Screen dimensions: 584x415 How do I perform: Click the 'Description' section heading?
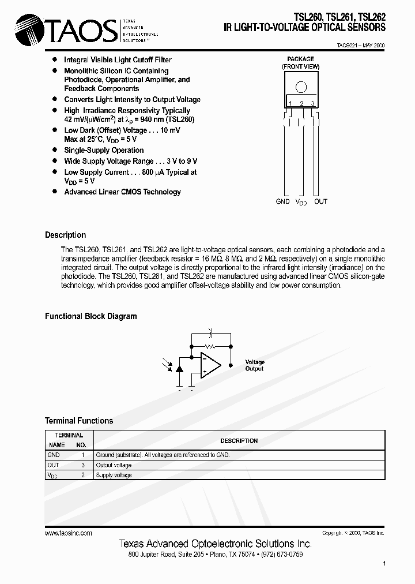pyautogui.click(x=65, y=235)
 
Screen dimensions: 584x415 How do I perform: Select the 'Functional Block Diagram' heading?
pyautogui.click(x=91, y=316)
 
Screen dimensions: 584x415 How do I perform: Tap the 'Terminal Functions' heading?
pyautogui.click(x=79, y=421)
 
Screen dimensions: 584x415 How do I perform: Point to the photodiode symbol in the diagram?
pyautogui.click(x=179, y=367)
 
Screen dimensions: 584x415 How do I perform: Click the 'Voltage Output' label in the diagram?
pyautogui.click(x=254, y=365)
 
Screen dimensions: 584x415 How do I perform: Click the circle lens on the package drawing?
pyautogui.click(x=301, y=88)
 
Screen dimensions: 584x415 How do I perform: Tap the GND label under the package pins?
pyautogui.click(x=283, y=201)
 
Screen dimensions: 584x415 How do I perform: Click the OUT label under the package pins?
pyautogui.click(x=320, y=201)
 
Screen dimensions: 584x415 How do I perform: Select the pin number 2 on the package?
pyautogui.click(x=301, y=103)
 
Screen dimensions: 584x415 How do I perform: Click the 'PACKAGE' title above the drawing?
pyautogui.click(x=301, y=59)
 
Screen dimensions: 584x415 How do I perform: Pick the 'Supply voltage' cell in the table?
pyautogui.click(x=114, y=475)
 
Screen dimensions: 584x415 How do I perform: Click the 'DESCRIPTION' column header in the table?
pyautogui.click(x=239, y=441)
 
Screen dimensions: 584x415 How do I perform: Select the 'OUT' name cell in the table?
pyautogui.click(x=53, y=465)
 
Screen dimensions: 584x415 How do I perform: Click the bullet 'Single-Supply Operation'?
pyautogui.click(x=104, y=150)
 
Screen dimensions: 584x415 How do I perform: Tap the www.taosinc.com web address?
pyautogui.click(x=68, y=533)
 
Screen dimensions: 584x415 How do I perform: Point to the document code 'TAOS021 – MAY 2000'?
pyautogui.click(x=361, y=45)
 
